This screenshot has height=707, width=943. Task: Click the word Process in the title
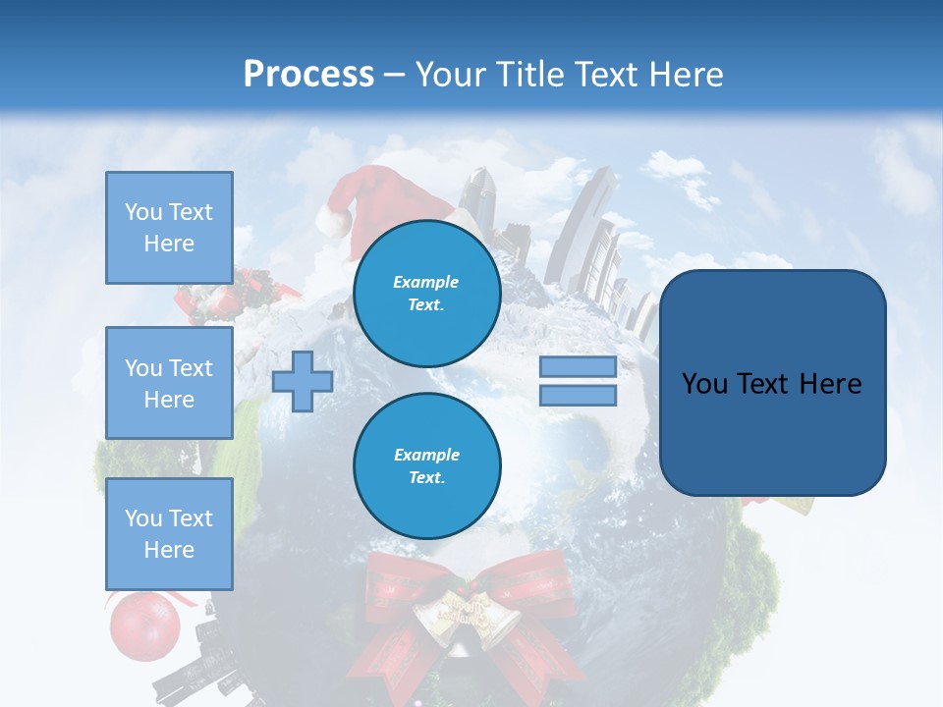pyautogui.click(x=308, y=75)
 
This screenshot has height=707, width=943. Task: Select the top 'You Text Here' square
pyautogui.click(x=169, y=228)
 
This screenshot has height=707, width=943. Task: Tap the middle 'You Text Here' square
pyautogui.click(x=169, y=383)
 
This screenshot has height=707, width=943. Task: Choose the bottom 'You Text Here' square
pyautogui.click(x=169, y=533)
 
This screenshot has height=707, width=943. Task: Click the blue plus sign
pyautogui.click(x=303, y=381)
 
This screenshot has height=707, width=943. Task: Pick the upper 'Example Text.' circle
pyautogui.click(x=426, y=293)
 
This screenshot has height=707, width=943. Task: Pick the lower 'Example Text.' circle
pyautogui.click(x=426, y=465)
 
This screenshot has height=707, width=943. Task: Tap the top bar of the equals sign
pyautogui.click(x=578, y=367)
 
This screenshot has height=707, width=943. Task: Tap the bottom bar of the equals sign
pyautogui.click(x=578, y=395)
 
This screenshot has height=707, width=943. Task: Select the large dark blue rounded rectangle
pyautogui.click(x=772, y=383)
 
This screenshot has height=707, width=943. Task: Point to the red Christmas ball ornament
pyautogui.click(x=144, y=625)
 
